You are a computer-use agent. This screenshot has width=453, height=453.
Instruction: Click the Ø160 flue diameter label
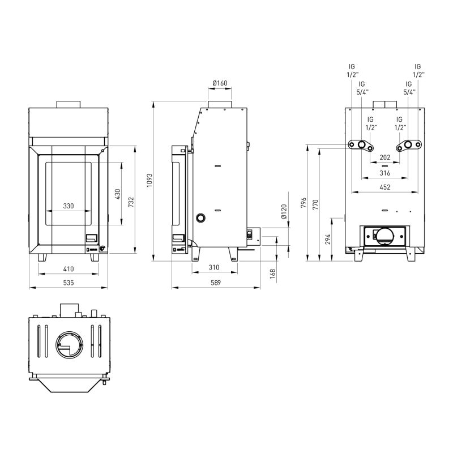pyautogui.click(x=220, y=83)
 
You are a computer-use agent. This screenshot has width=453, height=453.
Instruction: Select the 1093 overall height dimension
pyautogui.click(x=149, y=181)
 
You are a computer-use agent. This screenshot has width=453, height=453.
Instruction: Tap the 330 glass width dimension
pyautogui.click(x=69, y=206)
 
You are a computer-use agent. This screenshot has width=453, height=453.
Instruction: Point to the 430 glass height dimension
pyautogui.click(x=118, y=194)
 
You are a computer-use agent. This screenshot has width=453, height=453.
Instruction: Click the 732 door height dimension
pyautogui.click(x=131, y=202)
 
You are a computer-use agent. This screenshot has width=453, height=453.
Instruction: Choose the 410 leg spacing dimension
pyautogui.click(x=69, y=269)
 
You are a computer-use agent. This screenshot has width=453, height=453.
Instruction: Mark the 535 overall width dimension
pyautogui.click(x=69, y=283)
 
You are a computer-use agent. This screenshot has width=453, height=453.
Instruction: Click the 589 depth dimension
pyautogui.click(x=216, y=283)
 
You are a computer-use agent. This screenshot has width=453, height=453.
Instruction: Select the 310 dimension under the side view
pyautogui.click(x=214, y=267)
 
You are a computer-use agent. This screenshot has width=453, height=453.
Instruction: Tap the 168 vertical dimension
pyautogui.click(x=273, y=274)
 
